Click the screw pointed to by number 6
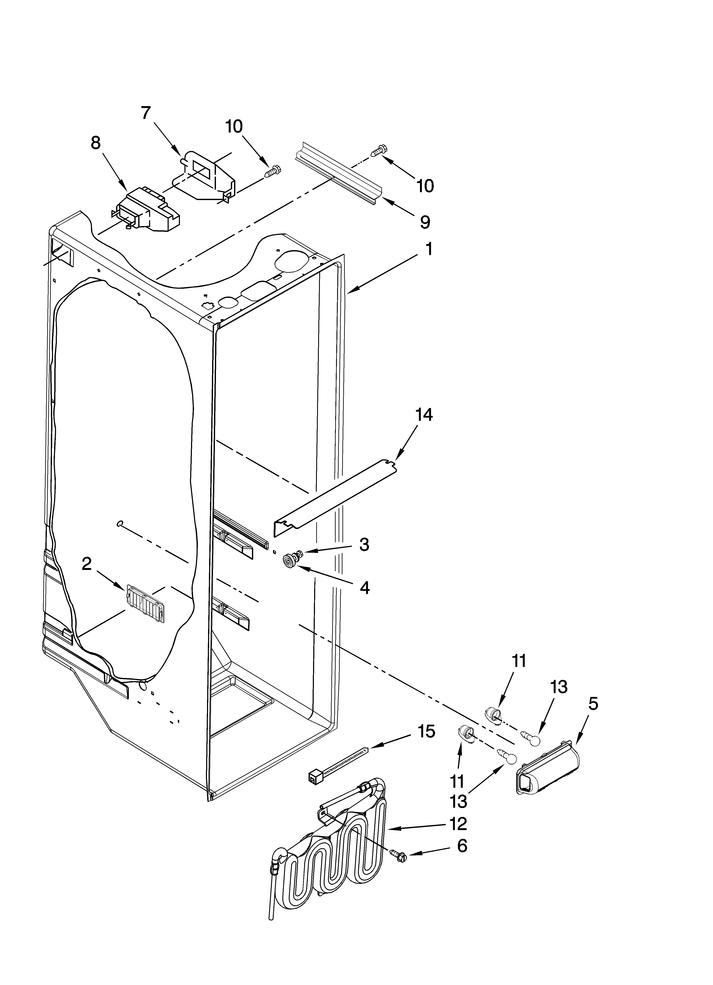coord(400,856)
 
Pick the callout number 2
coord(87,564)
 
